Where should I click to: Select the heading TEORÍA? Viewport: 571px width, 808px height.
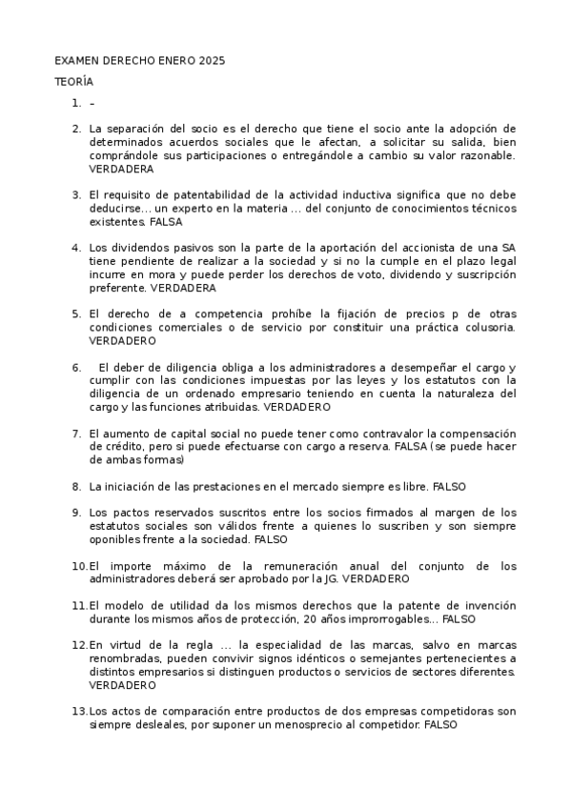coord(72,82)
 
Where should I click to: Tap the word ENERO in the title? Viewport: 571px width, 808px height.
coord(174,61)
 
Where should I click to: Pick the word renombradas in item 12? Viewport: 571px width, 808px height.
coord(126,657)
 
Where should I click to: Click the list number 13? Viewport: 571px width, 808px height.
coord(79,711)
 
